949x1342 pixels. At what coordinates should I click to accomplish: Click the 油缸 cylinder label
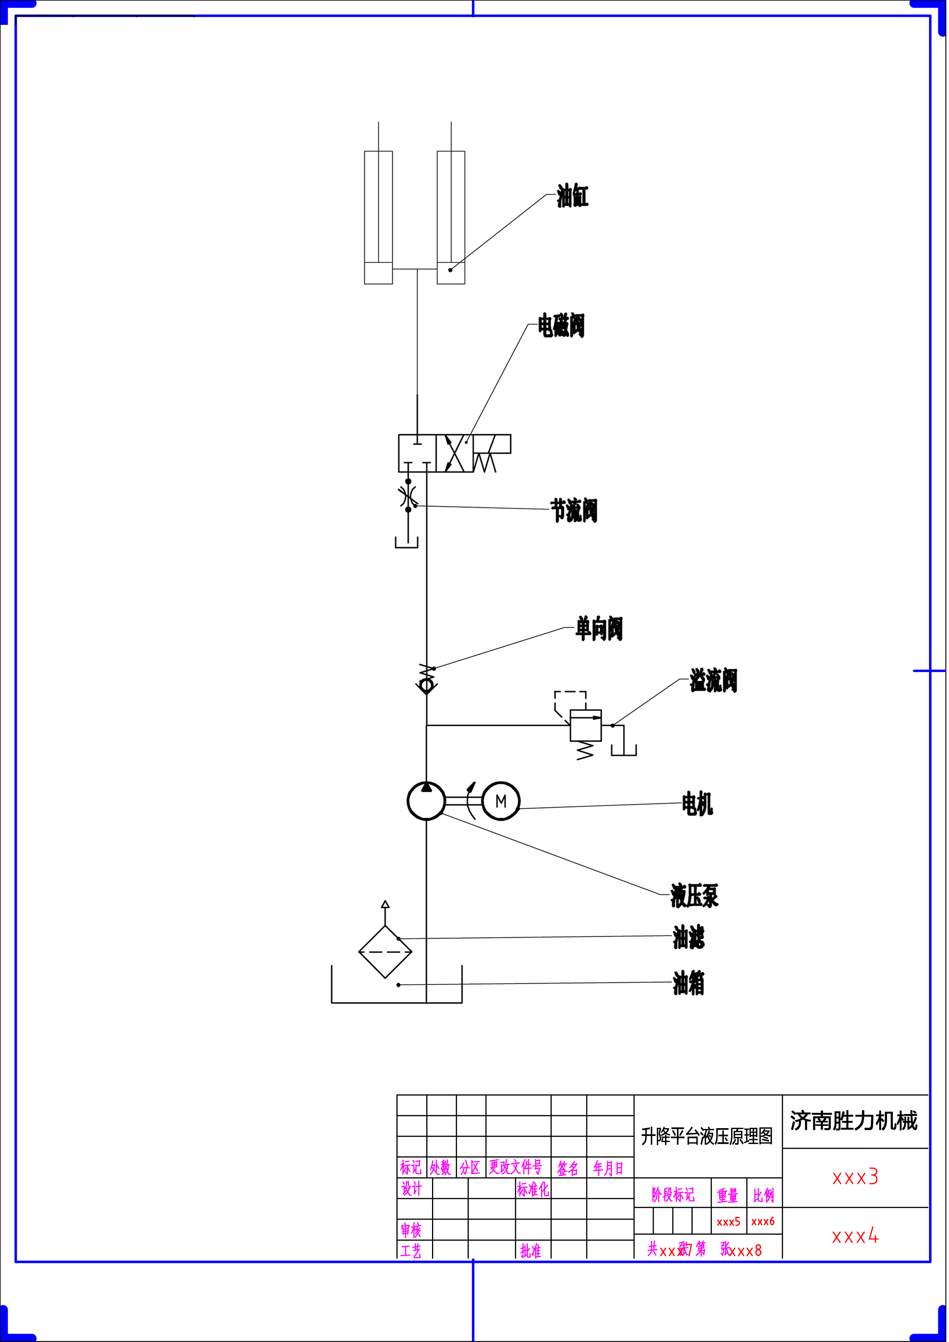pos(572,196)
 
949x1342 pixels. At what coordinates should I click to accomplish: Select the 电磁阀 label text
pos(561,326)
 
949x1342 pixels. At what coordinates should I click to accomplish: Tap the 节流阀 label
pos(574,510)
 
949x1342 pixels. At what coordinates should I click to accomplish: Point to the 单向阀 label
pos(599,629)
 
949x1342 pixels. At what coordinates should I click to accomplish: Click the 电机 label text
pos(698,804)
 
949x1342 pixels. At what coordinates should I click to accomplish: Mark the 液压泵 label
pos(695,896)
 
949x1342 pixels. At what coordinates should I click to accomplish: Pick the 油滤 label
pos(689,938)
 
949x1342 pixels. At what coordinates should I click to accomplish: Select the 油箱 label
pos(689,983)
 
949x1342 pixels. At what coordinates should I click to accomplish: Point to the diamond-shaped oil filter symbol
pos(385,951)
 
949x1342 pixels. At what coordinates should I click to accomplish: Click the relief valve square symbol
pos(586,725)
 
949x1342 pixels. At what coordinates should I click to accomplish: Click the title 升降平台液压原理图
pos(707,1136)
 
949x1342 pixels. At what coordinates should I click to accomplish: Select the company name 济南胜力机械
pos(854,1121)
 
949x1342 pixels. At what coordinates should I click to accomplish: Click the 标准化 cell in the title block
pos(533,1189)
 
